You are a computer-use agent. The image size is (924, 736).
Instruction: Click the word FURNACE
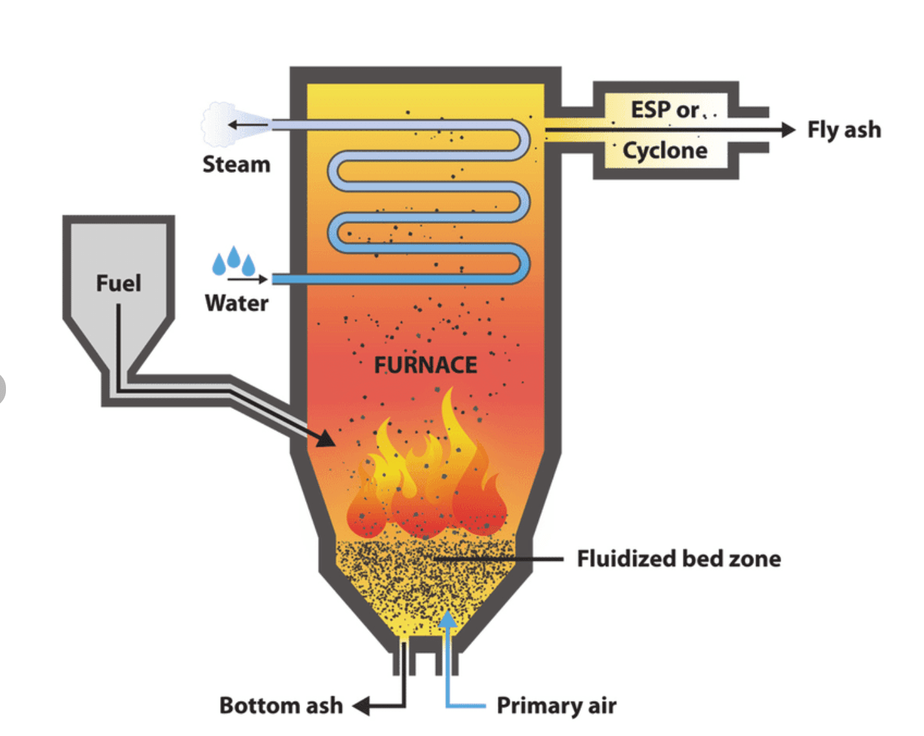point(426,365)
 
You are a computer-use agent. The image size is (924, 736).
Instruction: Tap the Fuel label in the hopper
point(119,283)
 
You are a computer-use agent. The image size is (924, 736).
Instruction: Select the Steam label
point(237,164)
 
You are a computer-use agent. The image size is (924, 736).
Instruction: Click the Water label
point(237,303)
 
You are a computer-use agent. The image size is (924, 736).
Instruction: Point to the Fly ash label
point(844,129)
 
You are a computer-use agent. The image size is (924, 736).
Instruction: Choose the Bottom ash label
point(281,706)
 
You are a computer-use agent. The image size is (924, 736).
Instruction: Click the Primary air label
point(557,706)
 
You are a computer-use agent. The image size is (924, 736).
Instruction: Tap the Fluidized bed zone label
point(679,559)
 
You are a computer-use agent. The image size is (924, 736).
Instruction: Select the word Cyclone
point(665,151)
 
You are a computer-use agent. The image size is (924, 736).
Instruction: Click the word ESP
point(652,110)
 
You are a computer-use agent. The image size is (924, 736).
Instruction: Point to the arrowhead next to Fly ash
point(788,129)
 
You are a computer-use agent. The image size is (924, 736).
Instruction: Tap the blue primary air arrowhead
point(447,619)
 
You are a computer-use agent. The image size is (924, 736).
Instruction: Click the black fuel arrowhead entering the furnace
point(326,437)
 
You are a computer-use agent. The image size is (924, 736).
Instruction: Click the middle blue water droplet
point(233,257)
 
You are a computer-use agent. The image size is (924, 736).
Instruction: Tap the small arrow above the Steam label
point(247,124)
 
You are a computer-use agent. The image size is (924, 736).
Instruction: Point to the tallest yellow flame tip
point(449,394)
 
